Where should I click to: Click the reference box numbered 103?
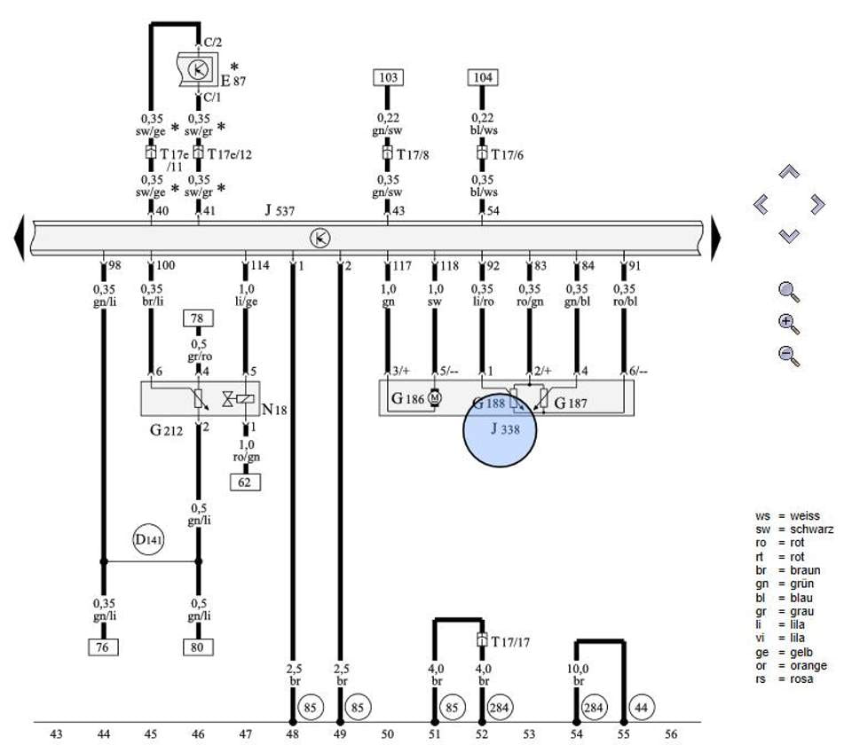(x=388, y=77)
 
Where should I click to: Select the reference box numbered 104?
(x=483, y=77)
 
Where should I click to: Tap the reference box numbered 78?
(x=198, y=318)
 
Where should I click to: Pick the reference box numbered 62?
(x=245, y=482)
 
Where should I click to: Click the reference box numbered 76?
(x=103, y=647)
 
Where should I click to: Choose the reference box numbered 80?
(x=198, y=647)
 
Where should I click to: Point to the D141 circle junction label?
(x=148, y=540)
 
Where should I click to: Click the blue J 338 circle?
(x=500, y=430)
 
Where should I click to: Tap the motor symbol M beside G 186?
(x=434, y=398)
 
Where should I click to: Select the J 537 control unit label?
(x=280, y=210)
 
